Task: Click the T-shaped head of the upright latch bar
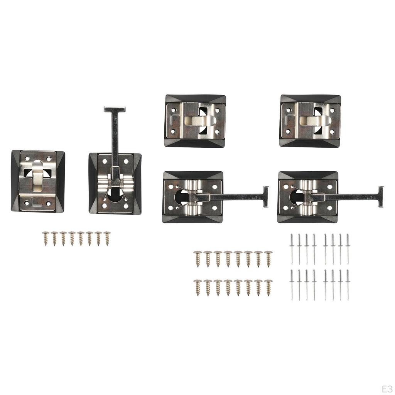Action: coord(115,109)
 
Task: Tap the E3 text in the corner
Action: coord(387,389)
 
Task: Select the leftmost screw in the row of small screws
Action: coord(46,238)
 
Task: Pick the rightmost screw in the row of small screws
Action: coord(107,238)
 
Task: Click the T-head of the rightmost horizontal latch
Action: coord(381,196)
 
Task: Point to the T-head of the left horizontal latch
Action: coord(266,196)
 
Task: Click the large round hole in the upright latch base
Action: coord(115,195)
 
